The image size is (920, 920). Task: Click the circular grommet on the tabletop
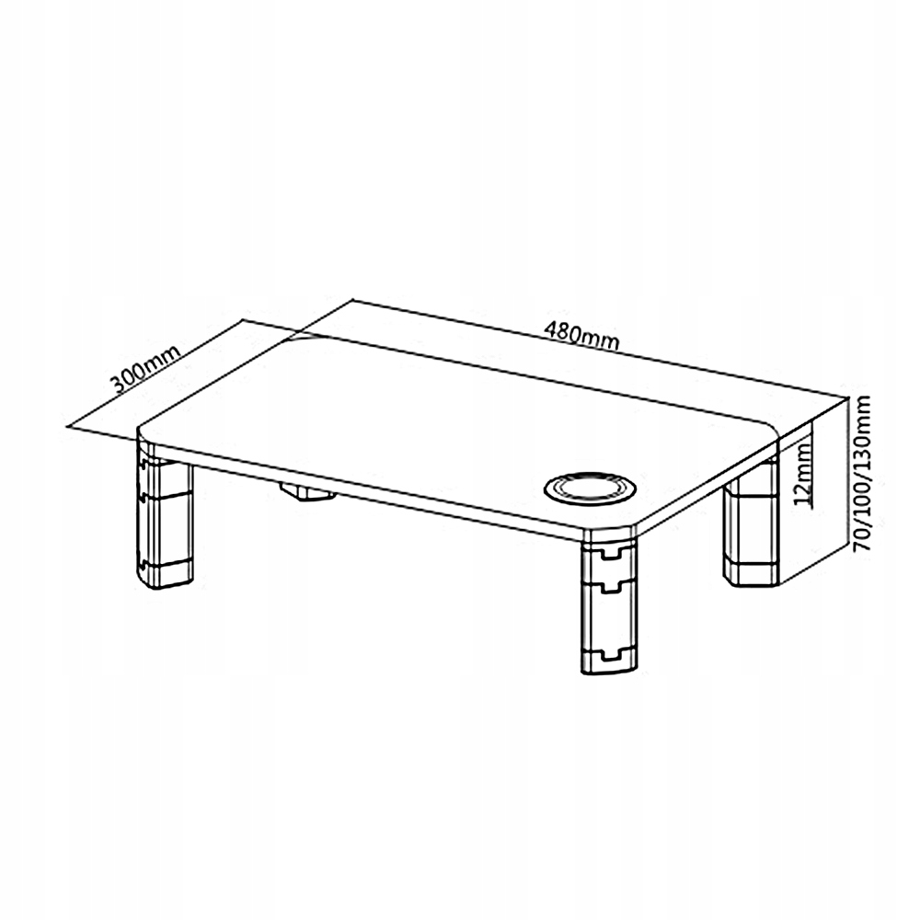point(590,489)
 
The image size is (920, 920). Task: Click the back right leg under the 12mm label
point(751,531)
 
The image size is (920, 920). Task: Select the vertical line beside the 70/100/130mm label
point(848,472)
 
